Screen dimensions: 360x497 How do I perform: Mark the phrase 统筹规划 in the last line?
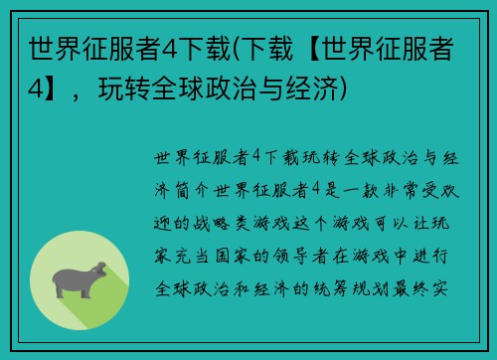[x=373, y=287]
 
